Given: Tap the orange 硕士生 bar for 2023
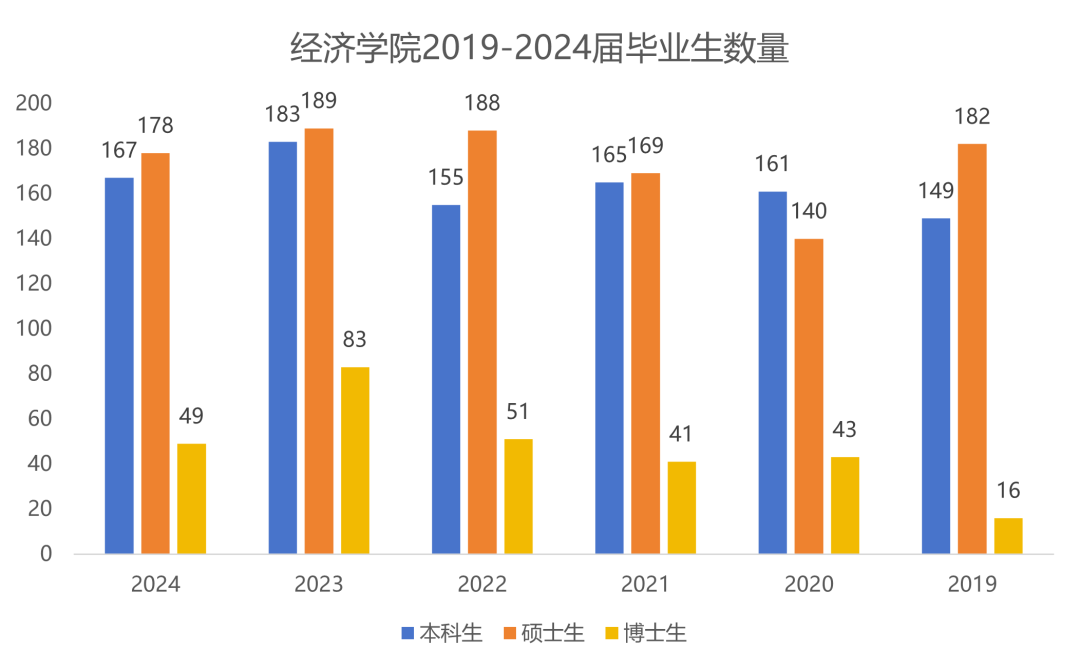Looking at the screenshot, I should tap(319, 341).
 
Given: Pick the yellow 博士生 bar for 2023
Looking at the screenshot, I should tap(355, 460).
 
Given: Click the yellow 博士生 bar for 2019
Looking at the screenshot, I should tap(1008, 536).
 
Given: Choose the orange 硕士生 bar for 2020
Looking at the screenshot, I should tap(809, 396).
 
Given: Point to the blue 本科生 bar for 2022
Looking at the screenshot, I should tap(446, 379).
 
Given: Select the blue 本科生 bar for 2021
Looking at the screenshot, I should tap(609, 368).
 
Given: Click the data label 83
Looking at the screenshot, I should tap(355, 340).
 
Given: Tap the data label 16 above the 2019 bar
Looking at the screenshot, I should tap(1008, 491).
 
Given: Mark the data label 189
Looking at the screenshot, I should tap(319, 101).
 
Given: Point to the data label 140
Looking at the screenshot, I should tap(809, 212).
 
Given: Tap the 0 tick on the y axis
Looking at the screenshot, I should tap(46, 554).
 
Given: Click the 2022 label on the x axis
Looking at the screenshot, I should tap(482, 584).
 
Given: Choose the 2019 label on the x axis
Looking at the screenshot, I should tap(972, 584).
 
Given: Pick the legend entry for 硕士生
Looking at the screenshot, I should tap(545, 633).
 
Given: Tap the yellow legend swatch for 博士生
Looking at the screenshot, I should tap(612, 633).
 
